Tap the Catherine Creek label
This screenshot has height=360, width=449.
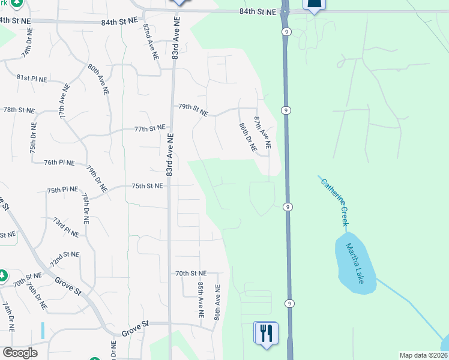click(334, 202)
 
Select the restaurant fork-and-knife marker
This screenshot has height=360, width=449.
click(267, 332)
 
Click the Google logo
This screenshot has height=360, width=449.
click(20, 353)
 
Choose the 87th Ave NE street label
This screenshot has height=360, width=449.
click(262, 133)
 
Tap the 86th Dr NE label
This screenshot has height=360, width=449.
click(247, 137)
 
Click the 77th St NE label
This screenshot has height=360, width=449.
click(149, 128)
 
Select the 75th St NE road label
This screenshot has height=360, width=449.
click(147, 186)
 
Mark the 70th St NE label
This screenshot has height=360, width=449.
click(191, 273)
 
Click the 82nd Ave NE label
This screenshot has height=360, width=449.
click(151, 42)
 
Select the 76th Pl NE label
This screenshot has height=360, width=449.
click(59, 163)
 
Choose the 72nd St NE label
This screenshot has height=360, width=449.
click(64, 259)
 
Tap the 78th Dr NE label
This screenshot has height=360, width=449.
click(85, 208)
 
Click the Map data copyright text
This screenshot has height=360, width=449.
click(423, 355)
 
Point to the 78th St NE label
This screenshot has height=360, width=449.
click(19, 110)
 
